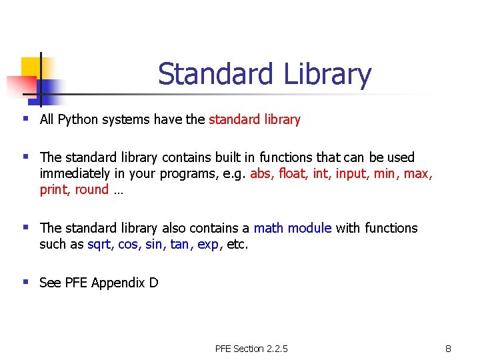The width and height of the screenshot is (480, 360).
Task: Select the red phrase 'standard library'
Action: (x=255, y=120)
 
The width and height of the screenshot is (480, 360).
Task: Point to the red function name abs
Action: (x=261, y=173)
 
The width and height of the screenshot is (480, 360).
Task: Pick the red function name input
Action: (x=349, y=173)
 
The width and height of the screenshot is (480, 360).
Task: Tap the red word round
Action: (x=92, y=189)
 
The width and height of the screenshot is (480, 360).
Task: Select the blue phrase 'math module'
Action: (x=293, y=228)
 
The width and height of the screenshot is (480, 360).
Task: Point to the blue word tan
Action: (x=179, y=244)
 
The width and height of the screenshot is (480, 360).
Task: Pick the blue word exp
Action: (x=208, y=244)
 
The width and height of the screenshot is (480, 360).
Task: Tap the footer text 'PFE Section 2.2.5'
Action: (x=251, y=349)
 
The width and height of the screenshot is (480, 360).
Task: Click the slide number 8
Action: (x=449, y=349)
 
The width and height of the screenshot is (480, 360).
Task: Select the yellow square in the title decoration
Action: (x=31, y=67)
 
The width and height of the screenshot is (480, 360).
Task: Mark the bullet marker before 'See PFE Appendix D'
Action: (x=26, y=282)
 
